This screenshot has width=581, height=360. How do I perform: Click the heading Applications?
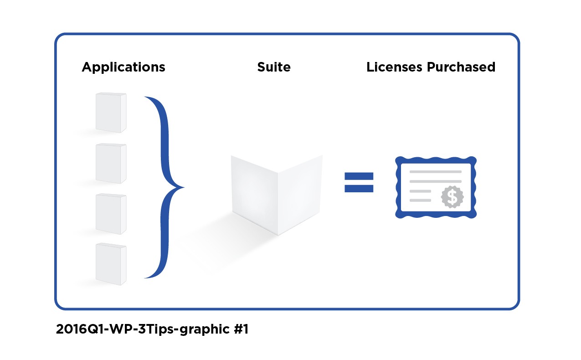(123, 67)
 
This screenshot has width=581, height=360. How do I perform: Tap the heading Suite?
(273, 67)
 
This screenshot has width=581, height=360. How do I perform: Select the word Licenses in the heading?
(394, 67)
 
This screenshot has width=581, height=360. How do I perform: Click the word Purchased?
(461, 67)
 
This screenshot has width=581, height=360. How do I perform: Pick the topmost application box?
(111, 113)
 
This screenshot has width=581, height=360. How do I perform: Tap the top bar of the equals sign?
(359, 176)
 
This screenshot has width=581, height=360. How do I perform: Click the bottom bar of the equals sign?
(359, 188)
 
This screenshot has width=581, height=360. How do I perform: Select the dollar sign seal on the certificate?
(452, 197)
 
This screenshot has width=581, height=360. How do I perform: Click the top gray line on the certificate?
(435, 172)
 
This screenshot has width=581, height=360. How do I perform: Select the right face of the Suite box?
(300, 194)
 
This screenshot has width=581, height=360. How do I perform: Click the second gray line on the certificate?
(435, 181)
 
